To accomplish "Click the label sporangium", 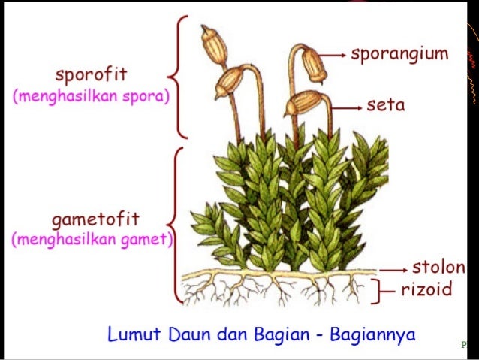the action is click(x=399, y=54).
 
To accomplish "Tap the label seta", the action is click(x=386, y=105).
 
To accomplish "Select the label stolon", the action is click(x=438, y=268).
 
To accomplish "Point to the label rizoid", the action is click(x=426, y=289).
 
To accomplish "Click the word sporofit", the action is click(x=91, y=75).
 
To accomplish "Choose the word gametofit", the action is click(x=95, y=220).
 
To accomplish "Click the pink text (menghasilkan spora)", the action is click(x=91, y=97).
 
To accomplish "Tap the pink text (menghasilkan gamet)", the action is click(x=92, y=240).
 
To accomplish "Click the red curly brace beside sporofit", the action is click(x=178, y=77).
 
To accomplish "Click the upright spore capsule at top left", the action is click(x=213, y=44).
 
